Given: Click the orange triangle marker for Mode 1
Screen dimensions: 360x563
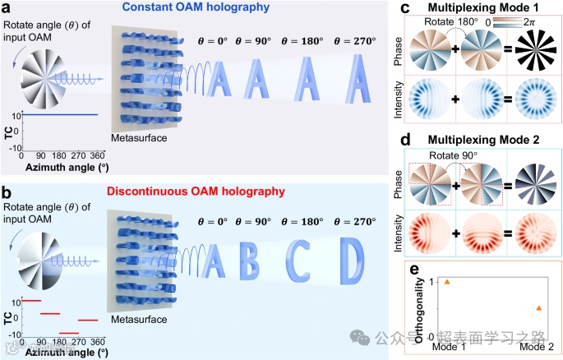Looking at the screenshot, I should coord(446,281).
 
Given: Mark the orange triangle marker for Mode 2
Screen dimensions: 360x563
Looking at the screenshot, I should coord(538,307).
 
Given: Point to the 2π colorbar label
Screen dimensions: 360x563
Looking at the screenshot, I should coord(536,25).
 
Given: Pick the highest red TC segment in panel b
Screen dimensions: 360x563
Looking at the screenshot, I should coord(30,301).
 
